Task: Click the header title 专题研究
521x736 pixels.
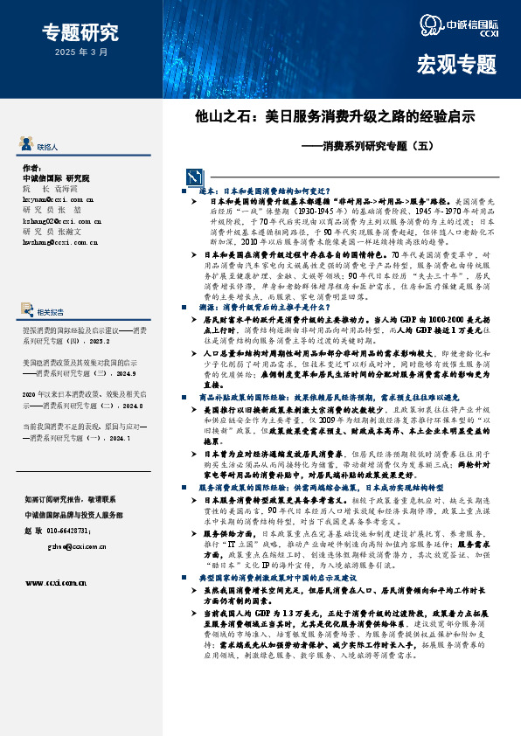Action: click(80, 33)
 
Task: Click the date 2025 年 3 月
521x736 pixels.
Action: click(80, 52)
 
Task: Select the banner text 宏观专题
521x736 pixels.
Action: click(456, 64)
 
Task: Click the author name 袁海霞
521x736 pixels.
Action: click(77, 188)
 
